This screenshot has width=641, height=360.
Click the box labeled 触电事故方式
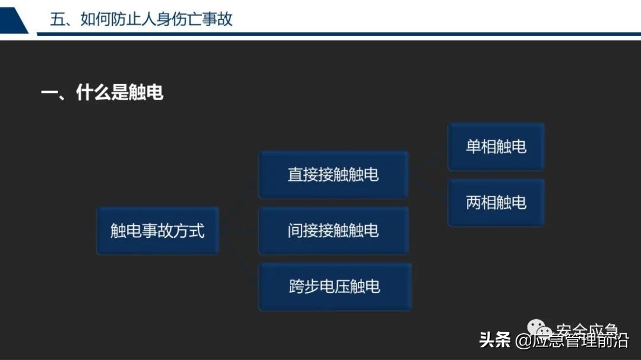tap(157, 231)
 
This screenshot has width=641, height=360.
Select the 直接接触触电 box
tap(333, 174)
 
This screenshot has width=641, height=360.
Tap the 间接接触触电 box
tap(333, 231)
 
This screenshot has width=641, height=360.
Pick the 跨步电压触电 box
tap(334, 287)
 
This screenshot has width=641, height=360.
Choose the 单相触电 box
tap(496, 146)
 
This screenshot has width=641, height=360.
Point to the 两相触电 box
tap(496, 203)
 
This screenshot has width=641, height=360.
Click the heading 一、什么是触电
tap(101, 93)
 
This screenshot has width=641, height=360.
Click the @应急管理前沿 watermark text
tap(572, 341)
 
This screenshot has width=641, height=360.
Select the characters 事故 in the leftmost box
tap(157, 231)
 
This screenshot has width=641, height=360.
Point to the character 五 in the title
tap(57, 19)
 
